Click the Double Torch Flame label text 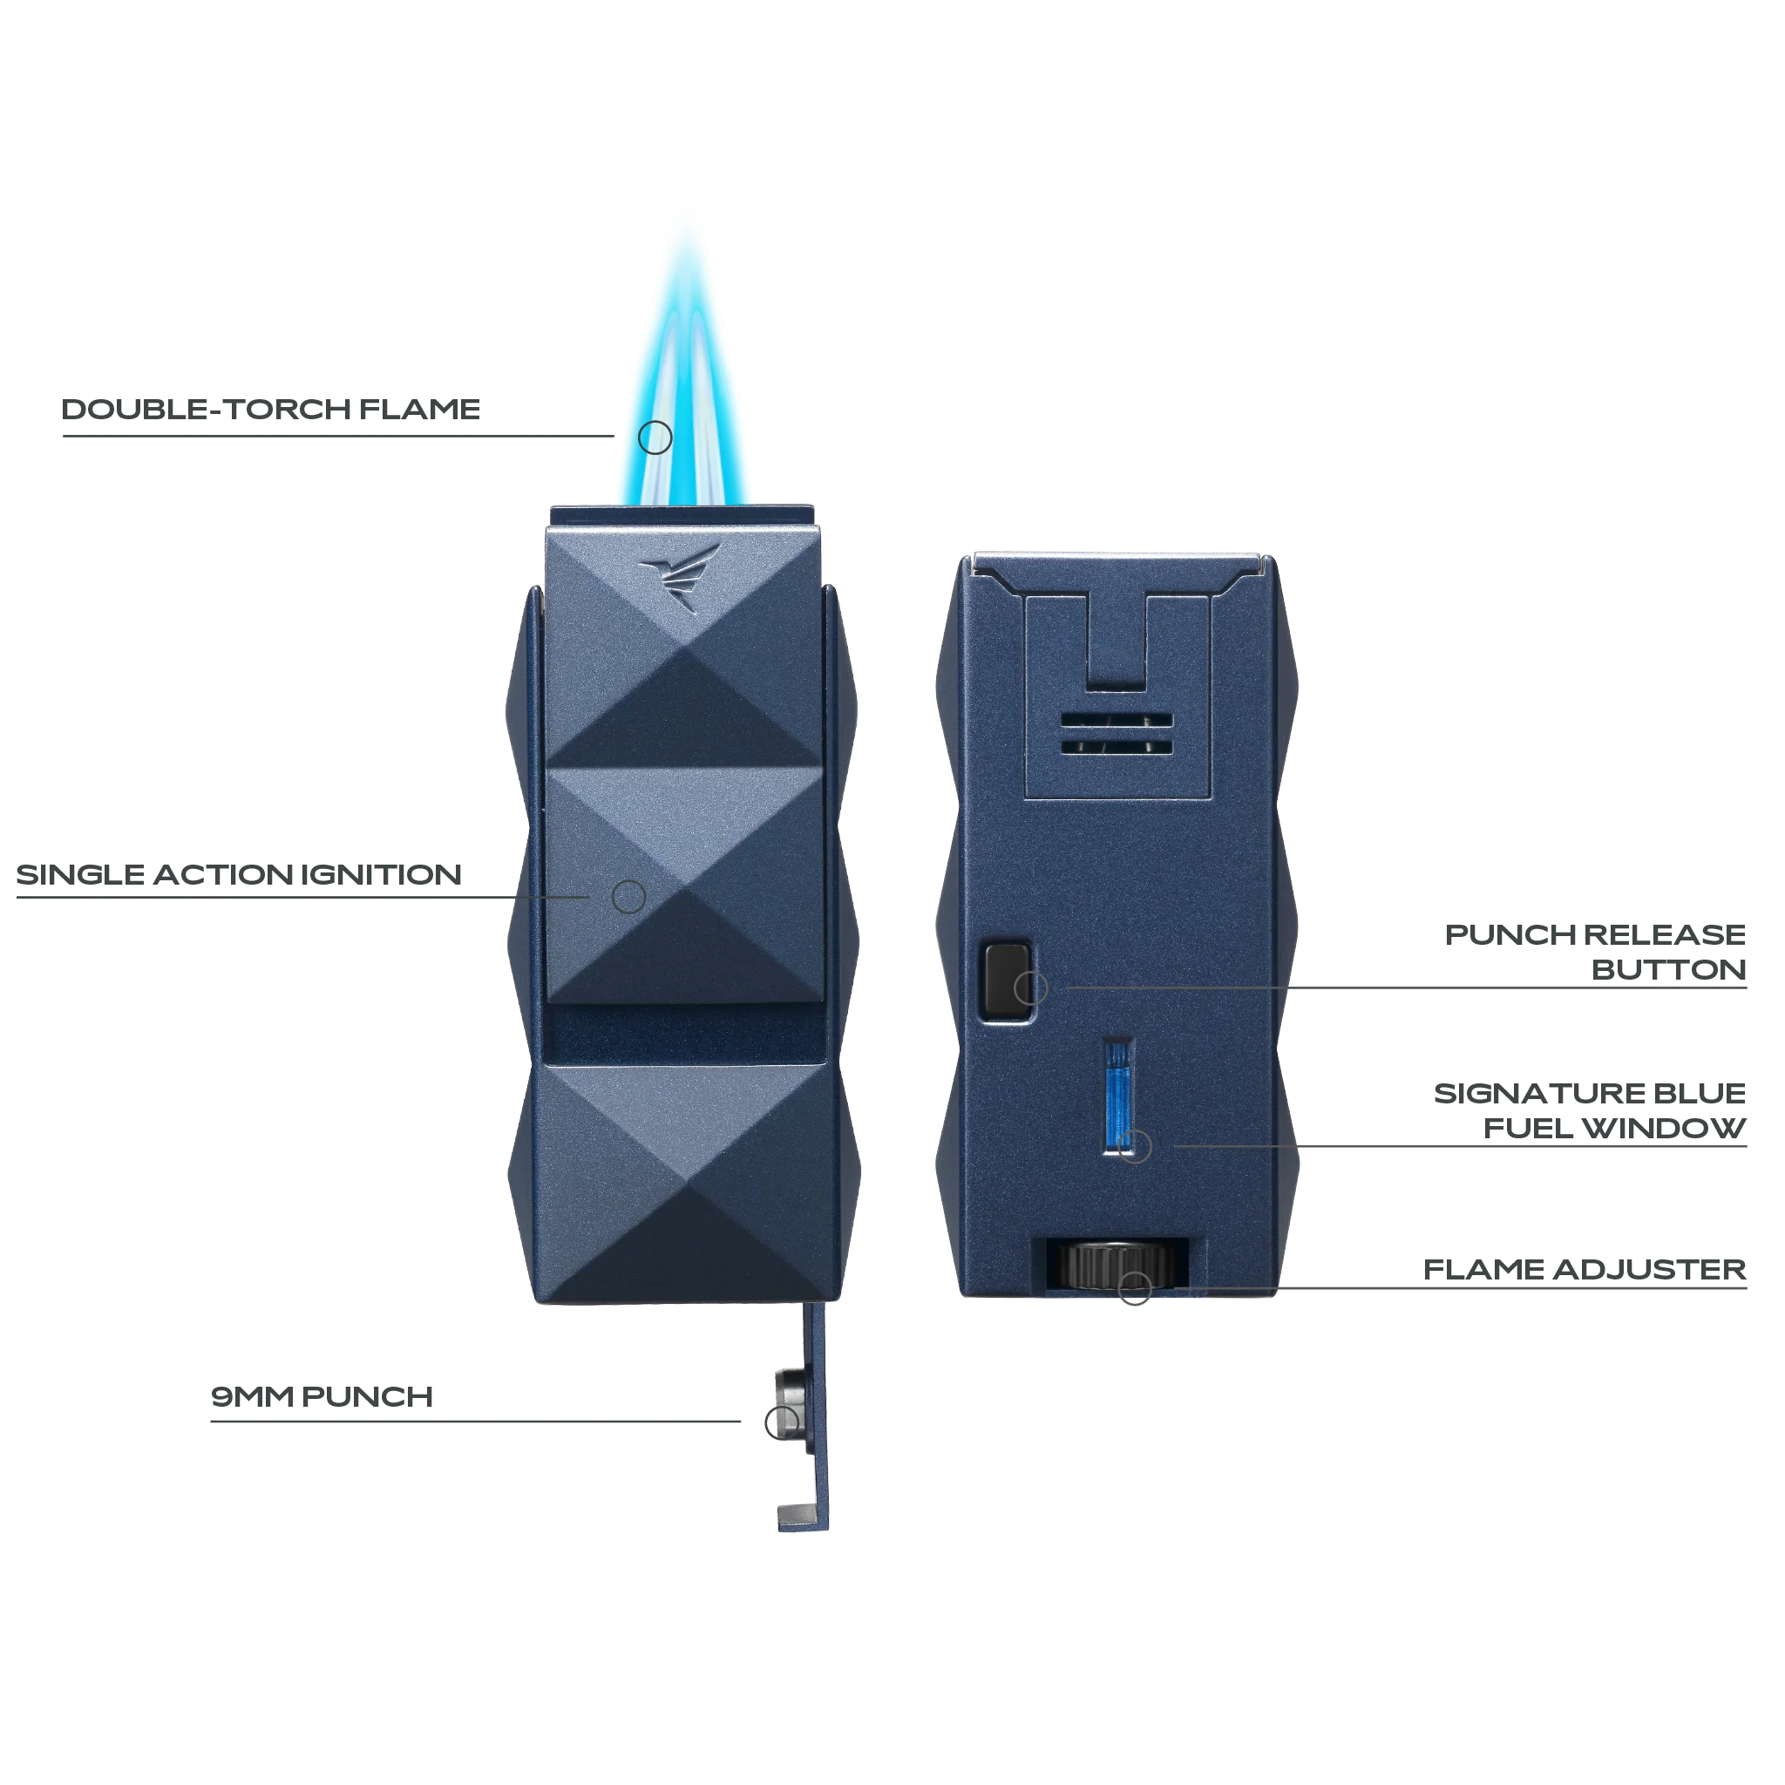pos(272,412)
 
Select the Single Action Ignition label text pos(241,875)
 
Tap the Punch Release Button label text pos(1597,953)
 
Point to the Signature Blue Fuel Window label pos(1589,1111)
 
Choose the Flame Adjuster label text pos(1585,1271)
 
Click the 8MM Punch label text pos(321,1395)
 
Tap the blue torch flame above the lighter pos(689,351)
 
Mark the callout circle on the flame pos(655,436)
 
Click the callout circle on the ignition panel pos(629,896)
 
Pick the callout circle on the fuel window pos(1135,1147)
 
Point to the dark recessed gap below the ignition pos(683,1033)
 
